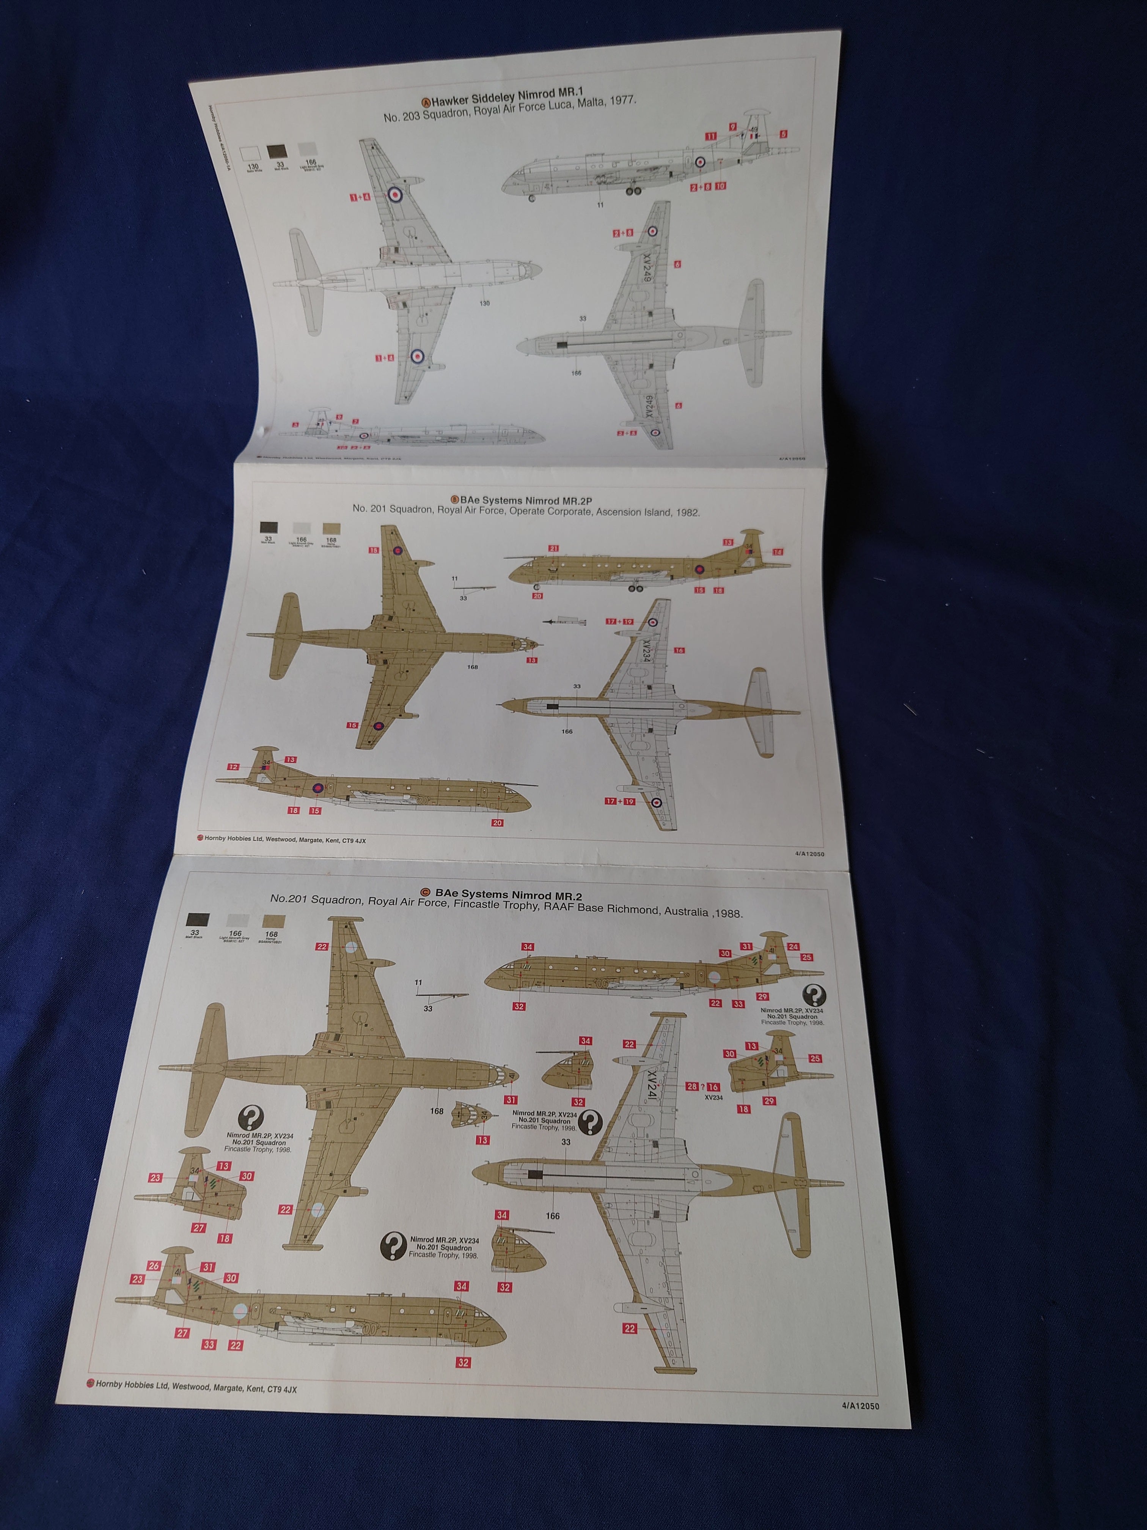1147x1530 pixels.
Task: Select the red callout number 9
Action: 732,127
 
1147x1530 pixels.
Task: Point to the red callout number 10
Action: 720,186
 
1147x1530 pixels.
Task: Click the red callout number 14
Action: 778,552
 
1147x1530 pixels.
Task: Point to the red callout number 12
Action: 234,767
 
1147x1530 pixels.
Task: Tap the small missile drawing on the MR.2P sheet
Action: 565,621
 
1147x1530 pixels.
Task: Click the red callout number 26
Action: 154,1266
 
